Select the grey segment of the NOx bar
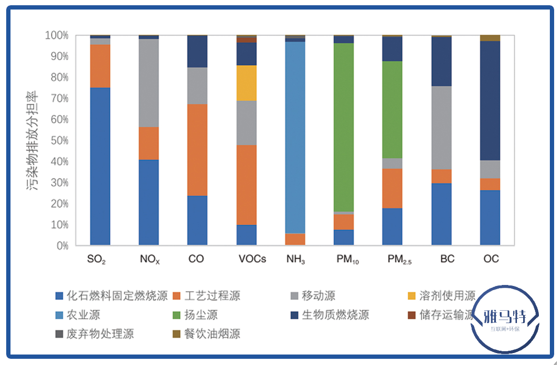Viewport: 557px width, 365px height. point(149,83)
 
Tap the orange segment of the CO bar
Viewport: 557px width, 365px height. point(197,150)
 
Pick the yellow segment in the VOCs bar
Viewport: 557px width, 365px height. point(247,83)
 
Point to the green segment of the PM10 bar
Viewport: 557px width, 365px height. point(344,127)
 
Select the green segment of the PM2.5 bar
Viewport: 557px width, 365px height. point(392,110)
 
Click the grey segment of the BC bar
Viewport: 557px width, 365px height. point(442,128)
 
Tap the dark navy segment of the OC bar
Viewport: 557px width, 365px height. point(490,101)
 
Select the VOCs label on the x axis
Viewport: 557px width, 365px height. point(252,259)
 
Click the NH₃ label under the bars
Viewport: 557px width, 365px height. point(295,260)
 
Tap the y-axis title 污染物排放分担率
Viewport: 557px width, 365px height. point(36,141)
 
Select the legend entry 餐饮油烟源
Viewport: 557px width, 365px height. point(212,334)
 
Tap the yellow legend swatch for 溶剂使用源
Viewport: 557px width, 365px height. point(412,296)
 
